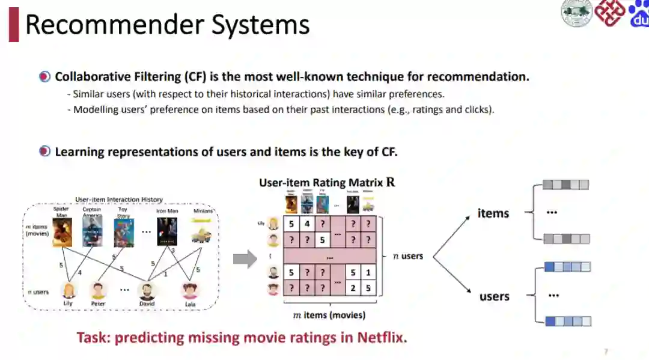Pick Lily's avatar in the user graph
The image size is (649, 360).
(69, 290)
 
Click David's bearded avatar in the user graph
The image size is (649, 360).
(147, 290)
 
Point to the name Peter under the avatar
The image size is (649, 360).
(98, 304)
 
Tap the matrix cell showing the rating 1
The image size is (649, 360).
(368, 272)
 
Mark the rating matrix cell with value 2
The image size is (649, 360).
(353, 288)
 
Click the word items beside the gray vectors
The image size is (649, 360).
(493, 213)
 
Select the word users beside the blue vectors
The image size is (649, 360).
(494, 296)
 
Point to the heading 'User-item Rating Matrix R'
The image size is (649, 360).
(328, 182)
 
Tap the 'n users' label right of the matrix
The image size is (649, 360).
(408, 256)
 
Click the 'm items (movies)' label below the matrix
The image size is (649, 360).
(329, 315)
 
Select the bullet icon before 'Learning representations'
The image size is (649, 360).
(44, 151)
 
